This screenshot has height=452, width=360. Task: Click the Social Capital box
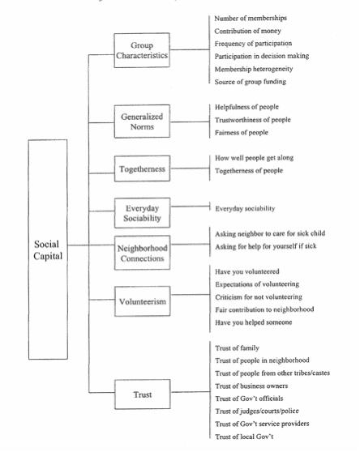pos(48,249)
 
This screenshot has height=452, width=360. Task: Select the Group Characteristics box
pos(142,50)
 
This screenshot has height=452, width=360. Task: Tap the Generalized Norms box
pos(142,122)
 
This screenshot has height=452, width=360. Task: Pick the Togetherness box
pos(142,168)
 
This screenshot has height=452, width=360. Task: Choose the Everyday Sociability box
pos(142,213)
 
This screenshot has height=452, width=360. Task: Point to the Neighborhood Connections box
pos(142,253)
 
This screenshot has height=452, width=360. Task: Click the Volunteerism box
pos(142,301)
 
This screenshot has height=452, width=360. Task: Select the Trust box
pos(143,394)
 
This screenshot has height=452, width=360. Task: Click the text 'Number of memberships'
pos(251,18)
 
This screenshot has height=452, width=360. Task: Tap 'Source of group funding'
pos(251,82)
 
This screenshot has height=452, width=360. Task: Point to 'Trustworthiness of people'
pos(253,120)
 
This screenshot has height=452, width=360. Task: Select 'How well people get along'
pos(254,158)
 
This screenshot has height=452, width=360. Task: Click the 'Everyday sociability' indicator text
pos(245,208)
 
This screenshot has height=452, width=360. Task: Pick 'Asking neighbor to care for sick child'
pos(270,233)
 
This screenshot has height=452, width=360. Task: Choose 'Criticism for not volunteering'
pos(259,297)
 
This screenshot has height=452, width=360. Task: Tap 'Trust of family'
pos(237,348)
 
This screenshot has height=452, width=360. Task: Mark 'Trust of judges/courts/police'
pos(257,411)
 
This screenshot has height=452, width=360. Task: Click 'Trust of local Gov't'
pos(244,437)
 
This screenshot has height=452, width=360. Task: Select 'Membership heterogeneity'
pos(254,69)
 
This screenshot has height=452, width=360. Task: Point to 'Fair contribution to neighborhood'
pos(264,309)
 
